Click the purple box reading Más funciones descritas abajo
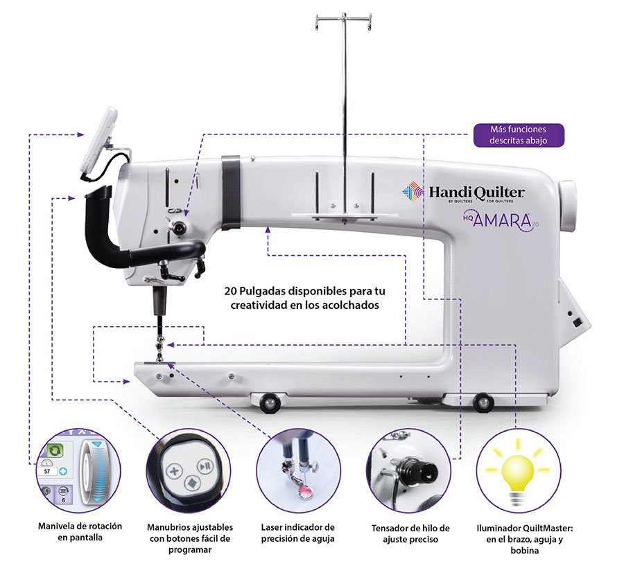pyautogui.click(x=519, y=135)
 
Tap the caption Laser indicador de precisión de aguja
pyautogui.click(x=300, y=532)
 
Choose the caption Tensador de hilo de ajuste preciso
pyautogui.click(x=410, y=533)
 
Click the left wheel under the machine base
pyautogui.click(x=267, y=401)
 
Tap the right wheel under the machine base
pyautogui.click(x=481, y=401)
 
